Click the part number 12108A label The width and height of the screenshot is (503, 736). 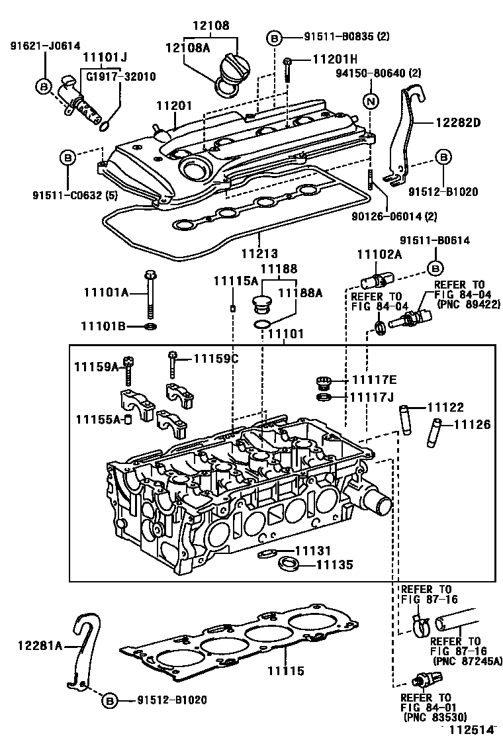188,47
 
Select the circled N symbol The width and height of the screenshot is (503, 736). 371,102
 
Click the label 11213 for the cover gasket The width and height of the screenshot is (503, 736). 259,253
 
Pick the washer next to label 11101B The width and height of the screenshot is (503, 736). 151,327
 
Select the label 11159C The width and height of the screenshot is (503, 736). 215,359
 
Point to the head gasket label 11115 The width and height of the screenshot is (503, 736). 286,671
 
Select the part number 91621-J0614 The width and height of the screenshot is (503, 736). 45,46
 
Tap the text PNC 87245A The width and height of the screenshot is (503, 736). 466,661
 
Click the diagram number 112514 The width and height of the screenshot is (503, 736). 472,729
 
